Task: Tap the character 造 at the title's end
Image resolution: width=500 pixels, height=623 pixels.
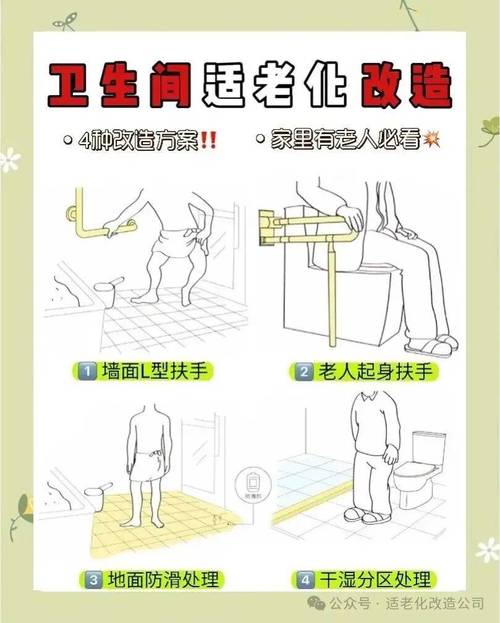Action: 431,85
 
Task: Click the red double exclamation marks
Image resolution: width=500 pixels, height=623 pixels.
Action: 208,140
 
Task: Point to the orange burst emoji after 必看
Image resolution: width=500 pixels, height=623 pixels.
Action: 432,139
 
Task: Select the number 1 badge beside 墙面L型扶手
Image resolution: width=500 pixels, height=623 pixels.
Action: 86,372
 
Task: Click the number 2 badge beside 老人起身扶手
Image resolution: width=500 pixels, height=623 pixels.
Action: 304,372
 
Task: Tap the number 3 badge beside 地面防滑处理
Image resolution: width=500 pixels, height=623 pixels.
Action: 93,580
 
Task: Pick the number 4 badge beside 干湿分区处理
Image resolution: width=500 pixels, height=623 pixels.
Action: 305,580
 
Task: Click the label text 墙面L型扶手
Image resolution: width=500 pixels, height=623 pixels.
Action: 155,372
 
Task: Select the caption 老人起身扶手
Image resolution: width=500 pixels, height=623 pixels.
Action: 375,372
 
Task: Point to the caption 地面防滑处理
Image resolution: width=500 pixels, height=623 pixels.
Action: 163,580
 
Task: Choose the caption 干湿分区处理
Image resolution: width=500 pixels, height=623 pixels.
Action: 376,580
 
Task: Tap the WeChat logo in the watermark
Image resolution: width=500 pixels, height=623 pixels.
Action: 317,603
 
